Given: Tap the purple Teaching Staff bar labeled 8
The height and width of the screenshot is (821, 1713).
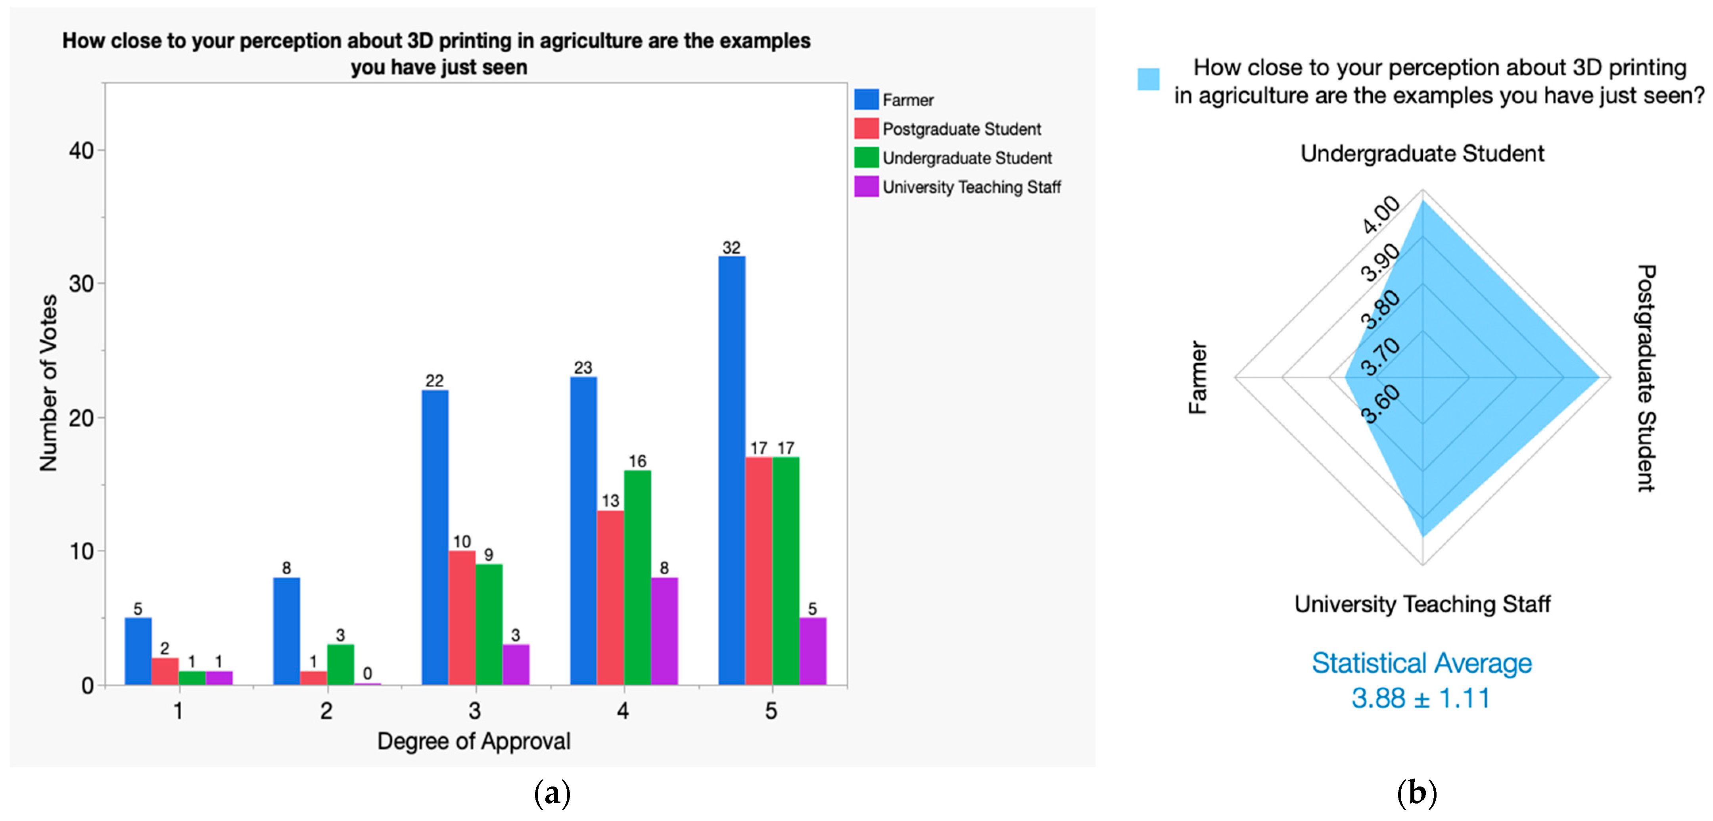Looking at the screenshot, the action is (x=664, y=631).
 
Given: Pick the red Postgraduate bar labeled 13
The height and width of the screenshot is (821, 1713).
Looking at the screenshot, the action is (x=610, y=598).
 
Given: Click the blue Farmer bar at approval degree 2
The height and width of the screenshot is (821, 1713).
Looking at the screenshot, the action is (x=287, y=631).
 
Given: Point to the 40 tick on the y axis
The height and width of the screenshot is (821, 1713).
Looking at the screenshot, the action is (x=82, y=151).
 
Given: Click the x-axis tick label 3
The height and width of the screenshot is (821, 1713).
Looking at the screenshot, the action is (x=474, y=711).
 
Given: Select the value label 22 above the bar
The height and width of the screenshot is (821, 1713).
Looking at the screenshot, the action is (x=434, y=381).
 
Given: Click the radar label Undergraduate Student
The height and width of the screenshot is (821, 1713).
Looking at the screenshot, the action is (x=1422, y=153).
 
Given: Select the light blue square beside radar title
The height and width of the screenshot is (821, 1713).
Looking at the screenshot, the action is (x=1149, y=79).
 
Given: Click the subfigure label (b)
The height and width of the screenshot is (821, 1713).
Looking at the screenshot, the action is (x=1417, y=793).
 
